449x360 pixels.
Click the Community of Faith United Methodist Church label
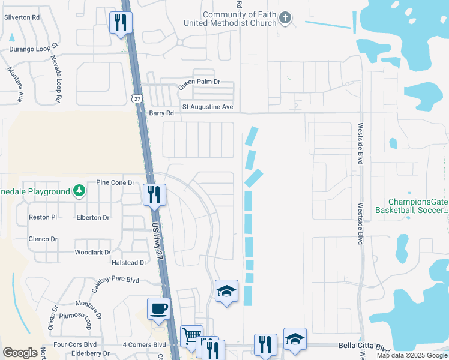pyautogui.click(x=239, y=19)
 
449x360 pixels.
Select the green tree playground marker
pyautogui.click(x=79, y=191)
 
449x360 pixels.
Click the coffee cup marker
pyautogui.click(x=158, y=309)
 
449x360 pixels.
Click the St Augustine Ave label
pyautogui.click(x=207, y=107)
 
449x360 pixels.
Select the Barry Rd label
pyautogui.click(x=161, y=113)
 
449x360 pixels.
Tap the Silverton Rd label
pyautogui.click(x=22, y=17)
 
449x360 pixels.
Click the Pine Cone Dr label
pyautogui.click(x=114, y=182)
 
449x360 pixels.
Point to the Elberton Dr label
pyautogui.click(x=93, y=218)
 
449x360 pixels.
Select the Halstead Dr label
pyautogui.click(x=129, y=262)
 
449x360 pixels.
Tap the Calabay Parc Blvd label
pyautogui.click(x=115, y=280)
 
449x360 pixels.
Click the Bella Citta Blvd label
pyautogui.click(x=364, y=347)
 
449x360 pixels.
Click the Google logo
pyautogui.click(x=20, y=353)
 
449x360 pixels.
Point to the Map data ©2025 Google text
pyautogui.click(x=412, y=355)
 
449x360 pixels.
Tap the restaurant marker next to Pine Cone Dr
pyautogui.click(x=154, y=194)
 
